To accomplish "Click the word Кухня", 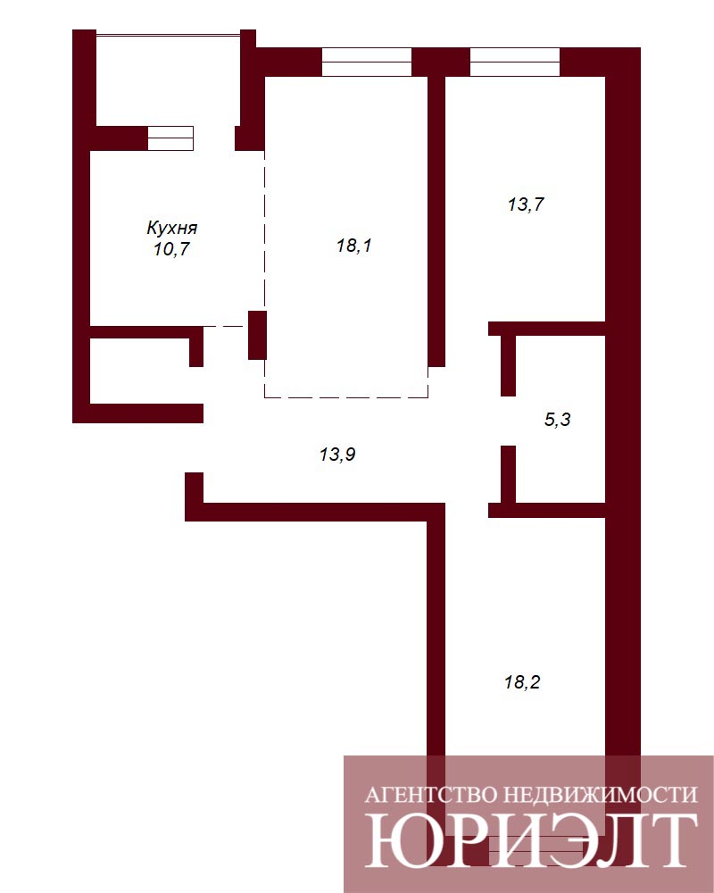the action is pyautogui.click(x=172, y=228).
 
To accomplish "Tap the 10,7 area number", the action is pyautogui.click(x=171, y=249).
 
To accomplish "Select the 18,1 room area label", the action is pyautogui.click(x=353, y=246).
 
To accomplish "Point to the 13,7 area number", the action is pyautogui.click(x=526, y=204).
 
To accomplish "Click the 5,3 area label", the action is pyautogui.click(x=558, y=420).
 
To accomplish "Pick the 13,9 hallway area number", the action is pyautogui.click(x=337, y=455).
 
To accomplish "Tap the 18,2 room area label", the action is pyautogui.click(x=522, y=681).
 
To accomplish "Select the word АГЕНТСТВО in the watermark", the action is pyautogui.click(x=431, y=795).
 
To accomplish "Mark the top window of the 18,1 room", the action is pyautogui.click(x=367, y=62).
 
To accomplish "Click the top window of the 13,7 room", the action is pyautogui.click(x=515, y=62).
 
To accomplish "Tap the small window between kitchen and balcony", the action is pyautogui.click(x=170, y=138).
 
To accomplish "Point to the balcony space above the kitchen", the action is pyautogui.click(x=168, y=80).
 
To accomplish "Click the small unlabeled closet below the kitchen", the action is pyautogui.click(x=139, y=371).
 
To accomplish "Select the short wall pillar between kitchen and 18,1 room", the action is pyautogui.click(x=257, y=335).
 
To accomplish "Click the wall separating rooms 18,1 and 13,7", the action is pyautogui.click(x=436, y=221).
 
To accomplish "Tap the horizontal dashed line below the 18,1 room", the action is pyautogui.click(x=346, y=397).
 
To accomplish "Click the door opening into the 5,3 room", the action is pyautogui.click(x=508, y=421).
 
